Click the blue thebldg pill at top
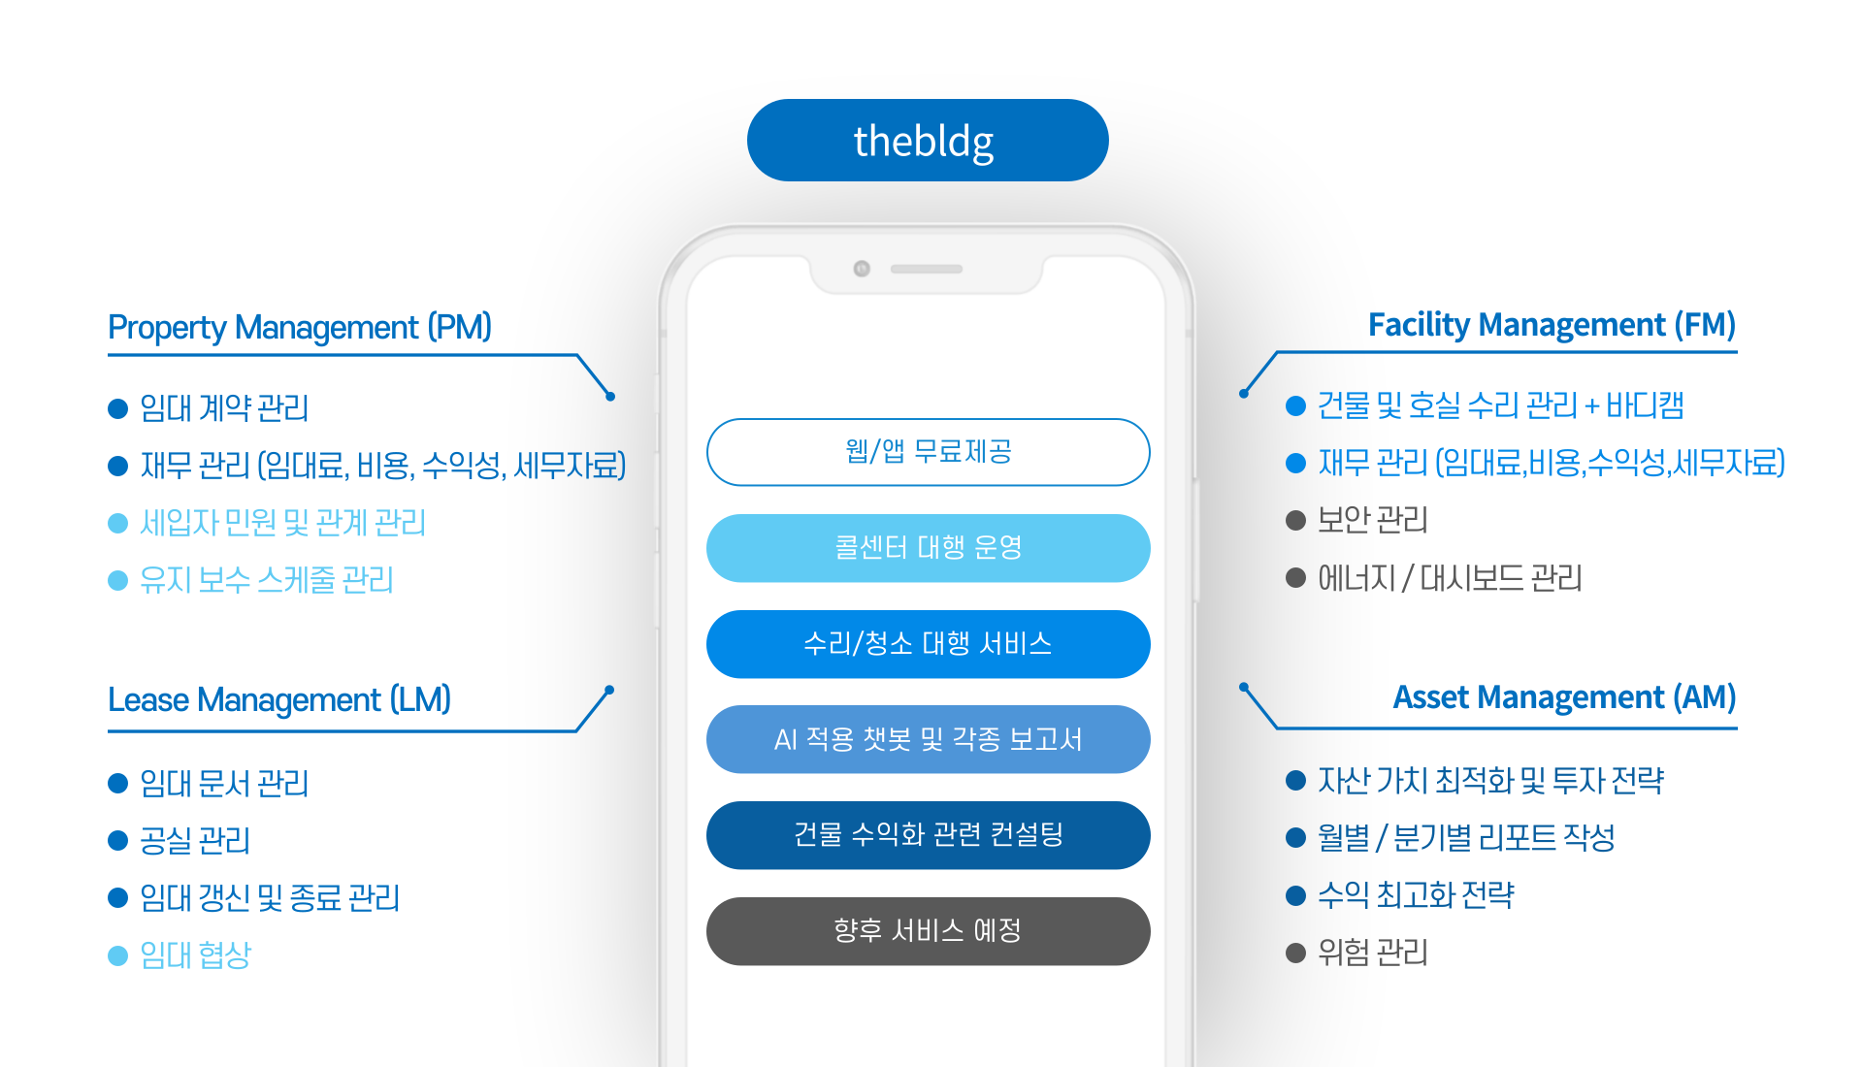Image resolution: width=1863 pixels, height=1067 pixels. click(x=927, y=141)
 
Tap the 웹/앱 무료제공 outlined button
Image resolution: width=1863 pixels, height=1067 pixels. click(x=928, y=452)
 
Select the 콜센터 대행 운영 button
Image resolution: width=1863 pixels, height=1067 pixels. click(x=928, y=548)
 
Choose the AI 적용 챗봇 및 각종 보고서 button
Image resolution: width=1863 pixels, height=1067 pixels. click(x=928, y=739)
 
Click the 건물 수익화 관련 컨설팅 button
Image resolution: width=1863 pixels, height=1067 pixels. click(x=928, y=835)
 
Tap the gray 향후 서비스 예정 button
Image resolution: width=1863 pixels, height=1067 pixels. click(x=928, y=931)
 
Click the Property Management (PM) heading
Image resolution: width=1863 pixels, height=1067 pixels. click(x=300, y=328)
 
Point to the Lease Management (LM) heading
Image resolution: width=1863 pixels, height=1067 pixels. click(x=279, y=699)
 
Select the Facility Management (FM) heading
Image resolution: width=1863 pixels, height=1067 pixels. click(x=1551, y=325)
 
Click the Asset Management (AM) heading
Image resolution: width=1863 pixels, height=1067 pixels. click(x=1563, y=697)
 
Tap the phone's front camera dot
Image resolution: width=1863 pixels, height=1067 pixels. click(x=862, y=269)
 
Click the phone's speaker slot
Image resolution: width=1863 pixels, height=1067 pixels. click(x=926, y=269)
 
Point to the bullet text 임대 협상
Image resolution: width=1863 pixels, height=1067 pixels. click(x=195, y=955)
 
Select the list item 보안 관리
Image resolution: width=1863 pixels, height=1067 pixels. click(x=1372, y=521)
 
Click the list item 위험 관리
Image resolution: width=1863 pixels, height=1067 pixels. click(x=1372, y=953)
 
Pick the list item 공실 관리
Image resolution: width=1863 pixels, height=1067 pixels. click(x=195, y=840)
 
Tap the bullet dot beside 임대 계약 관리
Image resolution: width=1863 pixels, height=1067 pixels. click(x=118, y=408)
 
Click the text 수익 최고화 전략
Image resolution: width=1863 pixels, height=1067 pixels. click(x=1415, y=894)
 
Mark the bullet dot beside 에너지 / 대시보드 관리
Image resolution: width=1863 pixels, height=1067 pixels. click(x=1295, y=578)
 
